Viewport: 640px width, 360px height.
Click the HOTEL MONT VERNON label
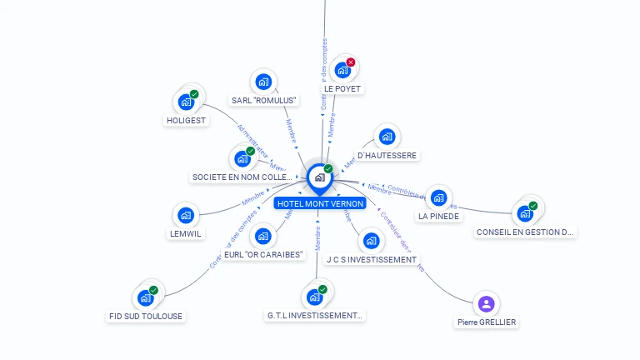coord(321,203)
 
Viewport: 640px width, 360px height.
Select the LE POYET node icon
coord(342,71)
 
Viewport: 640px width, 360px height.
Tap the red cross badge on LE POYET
coord(351,62)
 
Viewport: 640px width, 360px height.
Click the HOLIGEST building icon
coord(185,102)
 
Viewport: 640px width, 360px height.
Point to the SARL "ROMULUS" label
coord(264,101)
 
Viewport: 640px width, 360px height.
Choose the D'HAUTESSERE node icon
coord(386,137)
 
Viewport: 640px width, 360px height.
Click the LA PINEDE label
coord(438,216)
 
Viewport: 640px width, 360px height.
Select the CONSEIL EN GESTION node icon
coord(525,213)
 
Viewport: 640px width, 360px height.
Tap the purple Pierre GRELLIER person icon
coord(487,304)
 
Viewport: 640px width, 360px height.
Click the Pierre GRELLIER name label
coord(487,322)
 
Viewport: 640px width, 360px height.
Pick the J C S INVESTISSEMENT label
coord(372,259)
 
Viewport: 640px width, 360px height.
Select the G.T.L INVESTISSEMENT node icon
coord(314,297)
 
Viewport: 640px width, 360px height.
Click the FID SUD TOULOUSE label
coord(146,316)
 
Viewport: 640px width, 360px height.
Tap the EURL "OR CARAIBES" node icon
coord(263,236)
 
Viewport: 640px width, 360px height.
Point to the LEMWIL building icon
coord(186,216)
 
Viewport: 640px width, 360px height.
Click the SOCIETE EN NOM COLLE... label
coord(242,177)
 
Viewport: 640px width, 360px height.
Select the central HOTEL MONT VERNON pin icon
coord(320,177)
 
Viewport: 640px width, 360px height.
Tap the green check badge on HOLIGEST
coord(194,94)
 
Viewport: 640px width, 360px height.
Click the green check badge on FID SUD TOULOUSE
coord(153,290)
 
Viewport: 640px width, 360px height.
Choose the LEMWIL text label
coord(186,234)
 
